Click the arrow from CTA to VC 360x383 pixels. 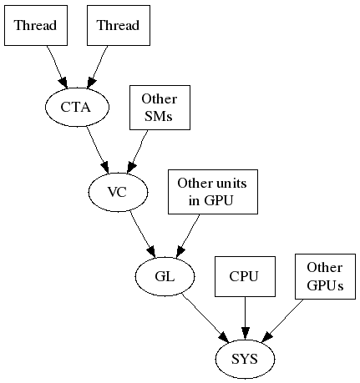97,150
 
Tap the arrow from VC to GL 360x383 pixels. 143,234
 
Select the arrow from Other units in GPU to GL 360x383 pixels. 188,235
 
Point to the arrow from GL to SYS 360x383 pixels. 205,318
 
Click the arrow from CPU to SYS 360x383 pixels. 245,318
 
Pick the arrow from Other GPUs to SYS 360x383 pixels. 282,320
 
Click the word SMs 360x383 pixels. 159,117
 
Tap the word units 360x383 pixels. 231,184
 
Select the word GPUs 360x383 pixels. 325,285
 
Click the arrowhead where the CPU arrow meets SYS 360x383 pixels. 245,334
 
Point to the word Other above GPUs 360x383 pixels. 325,268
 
